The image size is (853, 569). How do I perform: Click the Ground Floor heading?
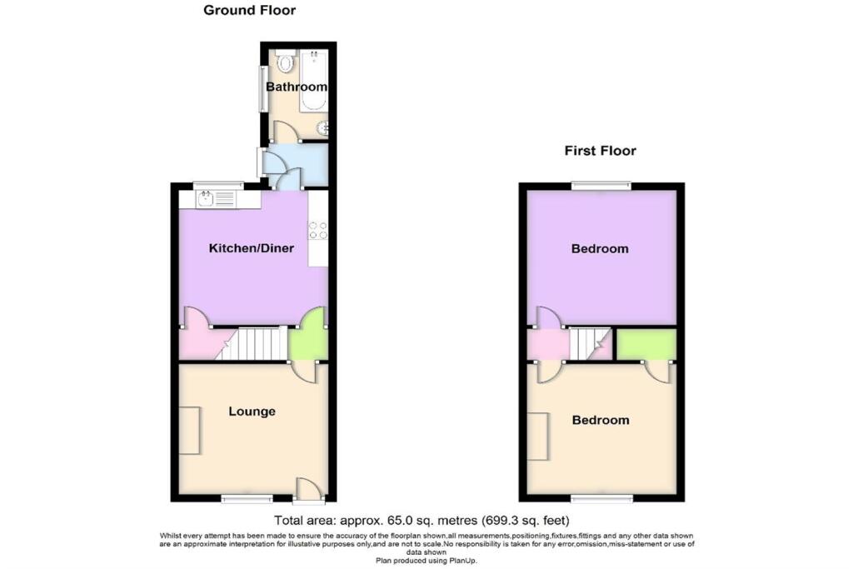pyautogui.click(x=250, y=11)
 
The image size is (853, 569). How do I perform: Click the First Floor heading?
pyautogui.click(x=600, y=151)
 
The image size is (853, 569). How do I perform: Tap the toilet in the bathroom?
pyautogui.click(x=286, y=62)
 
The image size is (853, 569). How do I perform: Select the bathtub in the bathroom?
pyautogui.click(x=313, y=82)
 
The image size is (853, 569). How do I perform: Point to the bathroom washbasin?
pyautogui.click(x=323, y=128)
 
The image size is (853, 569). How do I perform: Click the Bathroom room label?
pyautogui.click(x=296, y=87)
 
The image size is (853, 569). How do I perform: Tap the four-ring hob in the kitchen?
pyautogui.click(x=317, y=230)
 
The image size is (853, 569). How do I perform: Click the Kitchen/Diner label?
pyautogui.click(x=251, y=248)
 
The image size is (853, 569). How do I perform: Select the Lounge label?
pyautogui.click(x=252, y=412)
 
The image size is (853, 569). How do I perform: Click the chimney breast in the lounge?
pyautogui.click(x=189, y=430)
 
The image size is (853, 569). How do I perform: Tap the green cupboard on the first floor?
pyautogui.click(x=646, y=344)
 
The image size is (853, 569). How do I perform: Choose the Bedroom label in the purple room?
pyautogui.click(x=600, y=249)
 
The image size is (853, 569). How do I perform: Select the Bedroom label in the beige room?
pyautogui.click(x=601, y=420)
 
